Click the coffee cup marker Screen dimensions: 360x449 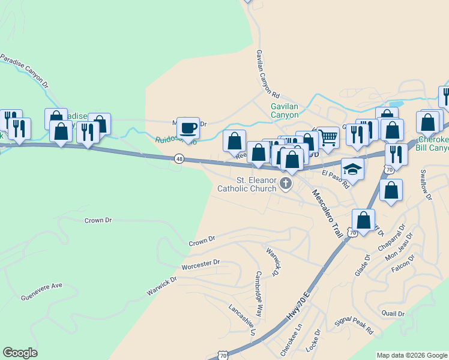tap(188, 128)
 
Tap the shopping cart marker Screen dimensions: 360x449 tap(327, 137)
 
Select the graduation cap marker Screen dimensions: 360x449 tap(353, 169)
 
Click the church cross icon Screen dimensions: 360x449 tap(286, 184)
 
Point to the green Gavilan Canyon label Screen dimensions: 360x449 tap(284, 110)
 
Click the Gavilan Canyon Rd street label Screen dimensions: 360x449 tap(268, 74)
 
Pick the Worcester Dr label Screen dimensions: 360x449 tap(201, 264)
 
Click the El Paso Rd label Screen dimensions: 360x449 tap(335, 179)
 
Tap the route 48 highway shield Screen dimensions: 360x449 tap(179, 158)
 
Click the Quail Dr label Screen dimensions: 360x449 tap(393, 313)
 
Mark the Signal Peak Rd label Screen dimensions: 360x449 tap(354, 327)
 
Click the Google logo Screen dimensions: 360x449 tap(20, 353)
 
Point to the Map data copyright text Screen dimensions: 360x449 tap(411, 355)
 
